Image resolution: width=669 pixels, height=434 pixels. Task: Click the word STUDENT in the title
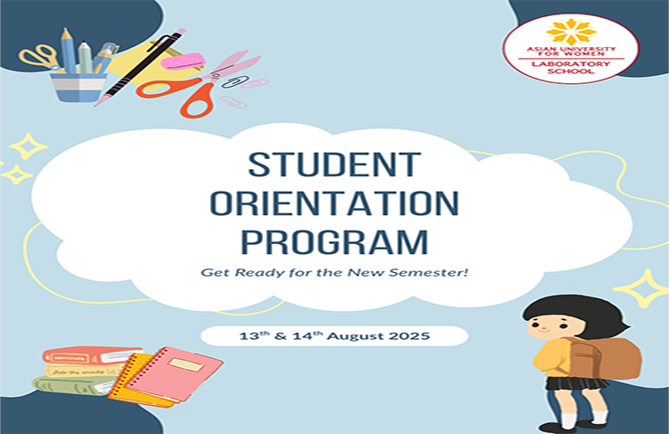[x=334, y=165]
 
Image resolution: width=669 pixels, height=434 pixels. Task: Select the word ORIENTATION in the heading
[x=334, y=204]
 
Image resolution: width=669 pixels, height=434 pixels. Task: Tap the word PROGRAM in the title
[x=334, y=242]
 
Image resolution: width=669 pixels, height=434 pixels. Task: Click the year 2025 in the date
[x=410, y=335]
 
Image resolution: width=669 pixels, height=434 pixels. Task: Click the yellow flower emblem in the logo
[x=570, y=32]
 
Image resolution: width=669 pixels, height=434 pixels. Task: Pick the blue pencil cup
[x=78, y=88]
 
